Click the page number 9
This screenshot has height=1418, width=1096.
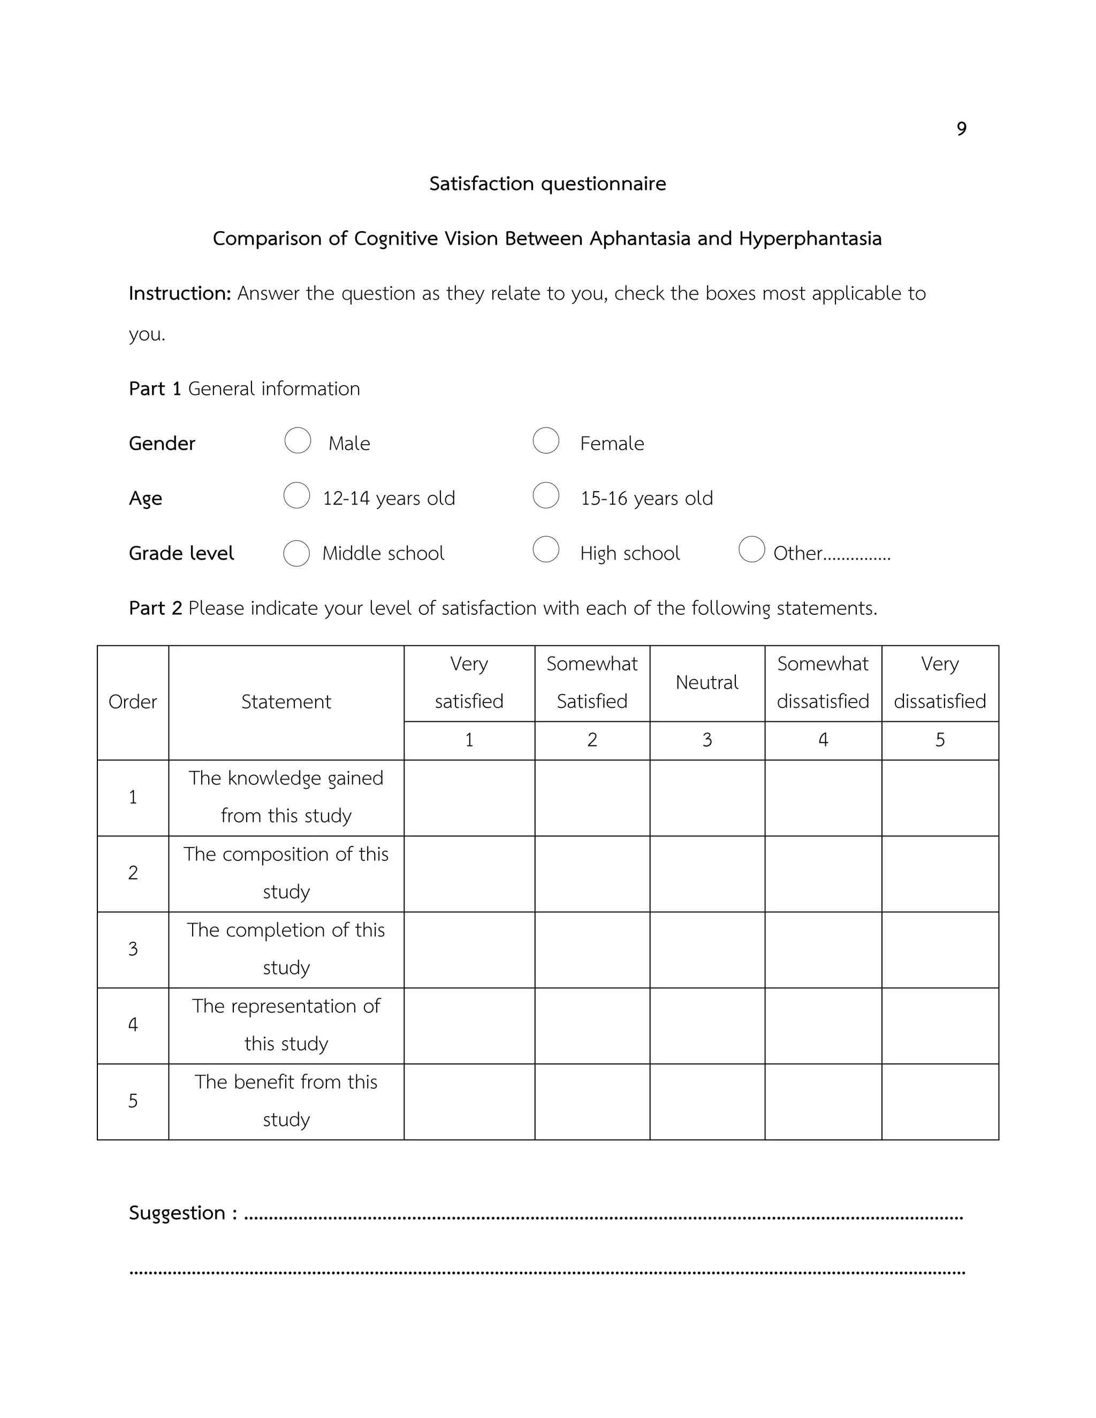pyautogui.click(x=961, y=128)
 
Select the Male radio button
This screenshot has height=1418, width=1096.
pyautogui.click(x=298, y=440)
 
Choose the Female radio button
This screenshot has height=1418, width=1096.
pyautogui.click(x=546, y=440)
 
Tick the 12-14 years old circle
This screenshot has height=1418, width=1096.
pyautogui.click(x=296, y=495)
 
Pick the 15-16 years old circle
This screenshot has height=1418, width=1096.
pyautogui.click(x=546, y=495)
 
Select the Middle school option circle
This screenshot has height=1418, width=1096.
pyautogui.click(x=296, y=553)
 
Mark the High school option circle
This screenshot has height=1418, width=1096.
pyautogui.click(x=546, y=550)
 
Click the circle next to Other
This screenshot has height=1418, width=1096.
pyautogui.click(x=751, y=550)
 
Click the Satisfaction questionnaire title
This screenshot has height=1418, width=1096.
pyautogui.click(x=547, y=184)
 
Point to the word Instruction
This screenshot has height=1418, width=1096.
pyautogui.click(x=180, y=293)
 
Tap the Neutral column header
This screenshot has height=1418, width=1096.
pyautogui.click(x=706, y=682)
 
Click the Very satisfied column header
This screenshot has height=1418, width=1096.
pyautogui.click(x=469, y=682)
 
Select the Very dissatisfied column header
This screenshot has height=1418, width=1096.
pyautogui.click(x=940, y=682)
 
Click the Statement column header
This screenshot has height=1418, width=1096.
pyautogui.click(x=286, y=702)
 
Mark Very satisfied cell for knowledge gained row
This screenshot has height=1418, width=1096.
pyautogui.click(x=469, y=797)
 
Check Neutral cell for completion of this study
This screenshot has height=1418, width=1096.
pyautogui.click(x=706, y=949)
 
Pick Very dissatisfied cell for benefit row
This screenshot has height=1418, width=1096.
pyautogui.click(x=940, y=1101)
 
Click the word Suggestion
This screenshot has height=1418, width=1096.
pyautogui.click(x=177, y=1213)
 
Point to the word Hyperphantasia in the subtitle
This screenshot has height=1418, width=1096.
pyautogui.click(x=810, y=239)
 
